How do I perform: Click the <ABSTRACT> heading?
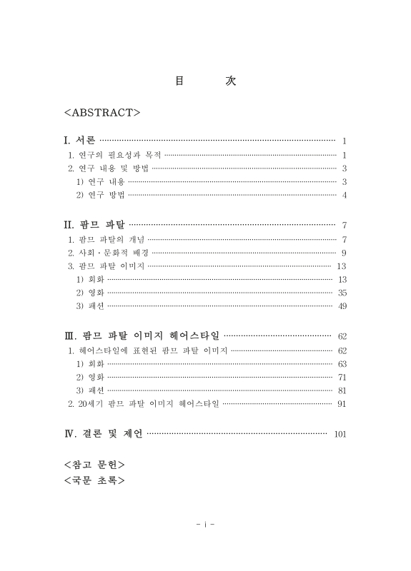(x=101, y=112)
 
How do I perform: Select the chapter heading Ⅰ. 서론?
(x=79, y=141)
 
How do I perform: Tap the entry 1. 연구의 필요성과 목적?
(x=114, y=155)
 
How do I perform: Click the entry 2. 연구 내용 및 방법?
(x=108, y=168)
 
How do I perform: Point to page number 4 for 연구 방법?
(x=345, y=195)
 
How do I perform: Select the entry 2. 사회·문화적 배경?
(x=108, y=253)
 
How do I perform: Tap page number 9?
(x=345, y=253)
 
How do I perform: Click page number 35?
(x=342, y=293)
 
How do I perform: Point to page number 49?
(x=342, y=306)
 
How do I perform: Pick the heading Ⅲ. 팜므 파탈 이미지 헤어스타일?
(x=142, y=335)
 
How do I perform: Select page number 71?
(x=342, y=377)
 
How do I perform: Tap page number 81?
(x=342, y=390)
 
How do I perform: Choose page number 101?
(x=340, y=434)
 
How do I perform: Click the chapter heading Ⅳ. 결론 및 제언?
(x=104, y=433)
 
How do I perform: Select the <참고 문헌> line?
(x=95, y=464)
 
